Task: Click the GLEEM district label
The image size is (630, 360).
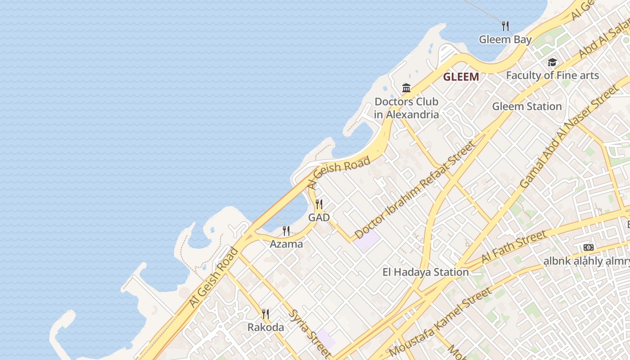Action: [x=461, y=77]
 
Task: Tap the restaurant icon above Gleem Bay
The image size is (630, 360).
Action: [x=505, y=26]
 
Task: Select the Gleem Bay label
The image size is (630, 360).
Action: [x=505, y=40]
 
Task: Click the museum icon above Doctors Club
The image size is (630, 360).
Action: [x=406, y=88]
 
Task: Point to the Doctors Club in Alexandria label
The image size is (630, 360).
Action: [x=406, y=108]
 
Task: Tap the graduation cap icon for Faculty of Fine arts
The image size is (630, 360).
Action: [x=552, y=63]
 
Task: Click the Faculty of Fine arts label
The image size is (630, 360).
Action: [x=552, y=75]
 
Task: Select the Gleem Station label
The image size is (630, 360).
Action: [x=527, y=107]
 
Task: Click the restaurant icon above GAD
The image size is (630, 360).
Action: [x=319, y=204]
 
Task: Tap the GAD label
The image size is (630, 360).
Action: [x=319, y=218]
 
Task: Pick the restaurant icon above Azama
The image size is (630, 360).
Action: [x=286, y=231]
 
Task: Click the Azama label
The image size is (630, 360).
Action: [x=286, y=244]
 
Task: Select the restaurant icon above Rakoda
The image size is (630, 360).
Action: [x=265, y=314]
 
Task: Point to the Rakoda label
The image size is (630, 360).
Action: [x=265, y=327]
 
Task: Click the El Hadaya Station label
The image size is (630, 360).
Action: [x=425, y=272]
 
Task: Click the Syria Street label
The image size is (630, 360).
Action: [x=309, y=333]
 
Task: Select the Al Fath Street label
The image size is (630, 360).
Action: [x=514, y=247]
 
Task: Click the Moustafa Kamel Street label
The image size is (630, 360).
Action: [x=441, y=322]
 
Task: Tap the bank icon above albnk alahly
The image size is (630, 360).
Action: [x=588, y=247]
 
